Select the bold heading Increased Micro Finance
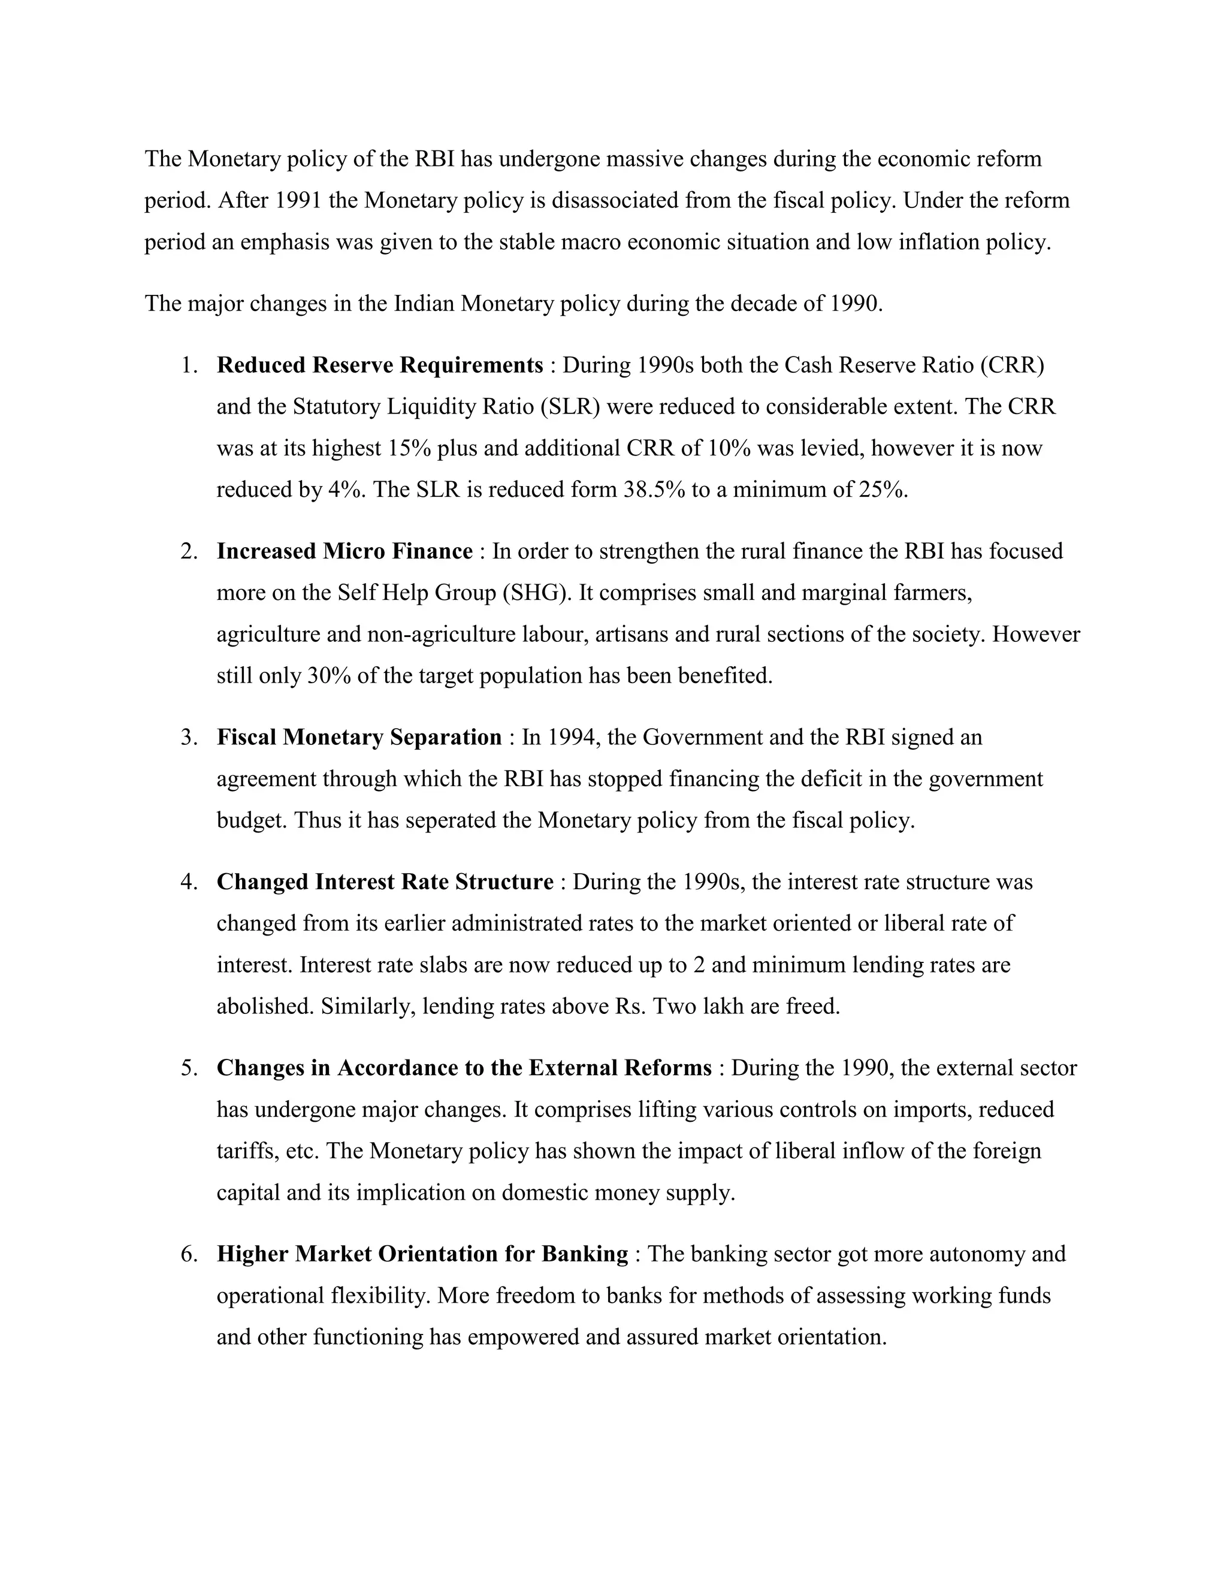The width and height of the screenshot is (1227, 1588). [344, 551]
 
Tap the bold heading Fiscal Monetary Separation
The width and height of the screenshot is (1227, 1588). [359, 737]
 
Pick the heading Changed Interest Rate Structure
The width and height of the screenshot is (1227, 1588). [385, 881]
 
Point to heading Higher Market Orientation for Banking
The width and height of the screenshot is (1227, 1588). [422, 1254]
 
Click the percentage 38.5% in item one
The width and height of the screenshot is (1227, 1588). [654, 490]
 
